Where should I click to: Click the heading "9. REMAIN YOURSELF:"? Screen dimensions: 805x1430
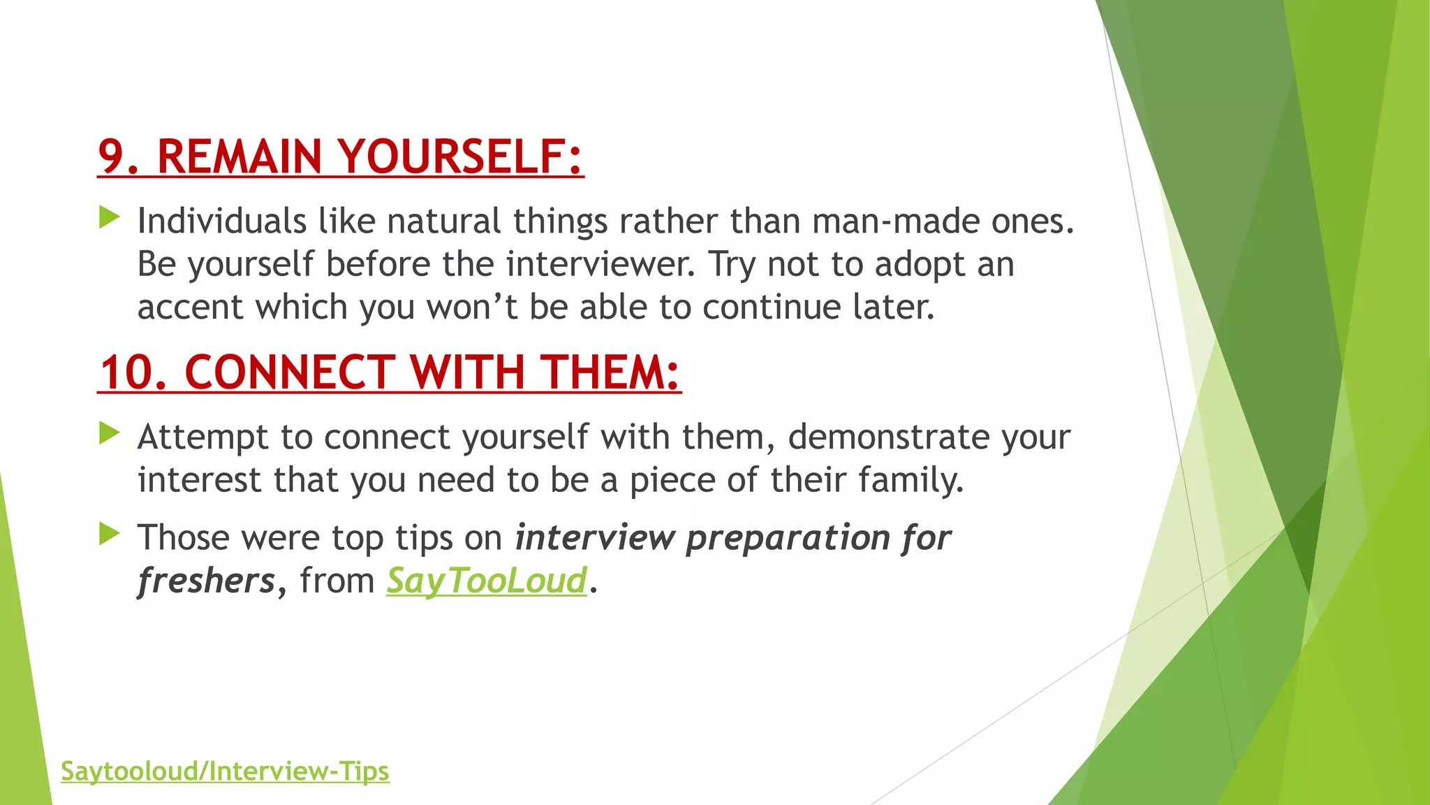(340, 157)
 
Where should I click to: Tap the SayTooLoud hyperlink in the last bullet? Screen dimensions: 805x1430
(487, 581)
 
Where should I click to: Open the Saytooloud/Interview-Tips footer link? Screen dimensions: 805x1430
(225, 771)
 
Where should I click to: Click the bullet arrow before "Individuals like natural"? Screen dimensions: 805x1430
(110, 217)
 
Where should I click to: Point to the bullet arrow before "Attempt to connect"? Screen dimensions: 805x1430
(110, 433)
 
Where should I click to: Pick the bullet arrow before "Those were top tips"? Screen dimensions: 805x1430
(110, 534)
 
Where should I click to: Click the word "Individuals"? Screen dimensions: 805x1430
(221, 222)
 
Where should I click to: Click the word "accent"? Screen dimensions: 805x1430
(190, 307)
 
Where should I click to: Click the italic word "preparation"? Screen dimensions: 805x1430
(788, 539)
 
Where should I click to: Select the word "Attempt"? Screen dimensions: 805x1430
(202, 437)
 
